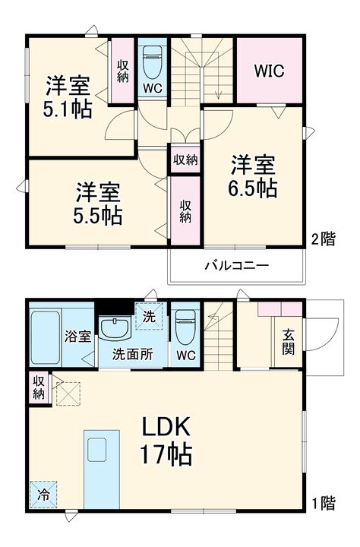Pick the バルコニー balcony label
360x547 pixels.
click(x=235, y=266)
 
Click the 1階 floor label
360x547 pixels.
click(x=323, y=502)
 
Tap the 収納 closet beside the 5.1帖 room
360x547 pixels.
click(x=122, y=71)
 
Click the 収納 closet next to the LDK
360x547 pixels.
click(x=39, y=387)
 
